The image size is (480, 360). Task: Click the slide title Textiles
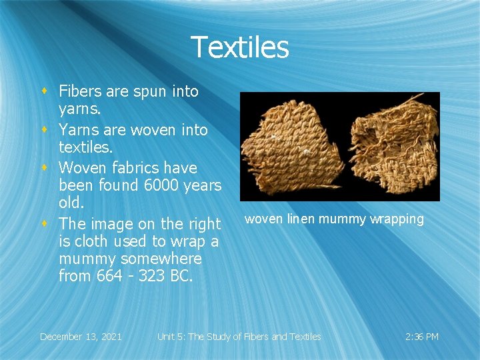pyautogui.click(x=240, y=47)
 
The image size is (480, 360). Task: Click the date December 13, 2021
pyautogui.click(x=81, y=337)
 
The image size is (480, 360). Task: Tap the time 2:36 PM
pyautogui.click(x=422, y=337)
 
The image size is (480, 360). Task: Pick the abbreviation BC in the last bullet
pyautogui.click(x=181, y=275)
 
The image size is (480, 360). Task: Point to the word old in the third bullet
pyautogui.click(x=70, y=201)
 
